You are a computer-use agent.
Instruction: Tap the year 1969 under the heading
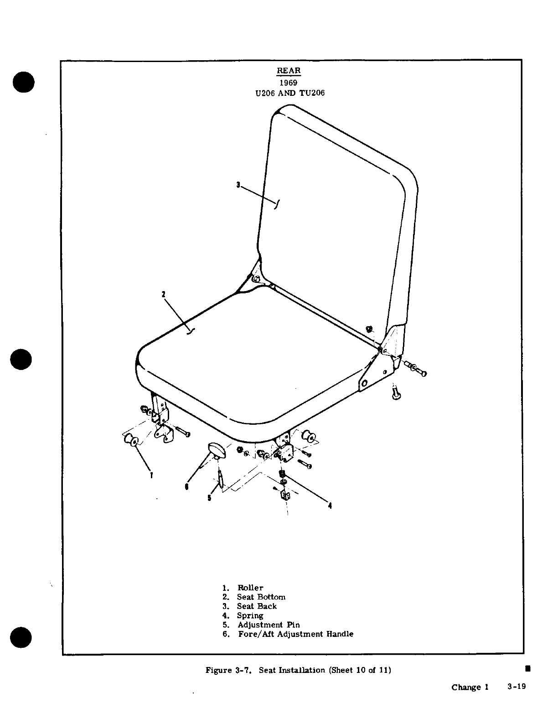pos(289,83)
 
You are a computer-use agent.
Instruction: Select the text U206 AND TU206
pos(289,93)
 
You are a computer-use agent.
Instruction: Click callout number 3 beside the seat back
pos(238,184)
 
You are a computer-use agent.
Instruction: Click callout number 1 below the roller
pos(151,475)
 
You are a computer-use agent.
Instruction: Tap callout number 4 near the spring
pos(330,505)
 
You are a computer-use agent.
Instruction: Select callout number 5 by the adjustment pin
pos(209,498)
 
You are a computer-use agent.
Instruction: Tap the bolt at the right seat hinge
pos(417,370)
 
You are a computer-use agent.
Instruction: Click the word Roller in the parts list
pos(250,588)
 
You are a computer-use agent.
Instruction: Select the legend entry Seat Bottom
pos(261,597)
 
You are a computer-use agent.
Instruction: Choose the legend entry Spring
pos(250,615)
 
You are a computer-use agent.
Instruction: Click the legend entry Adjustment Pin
pos(269,625)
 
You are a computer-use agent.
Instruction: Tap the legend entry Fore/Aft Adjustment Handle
pos(295,634)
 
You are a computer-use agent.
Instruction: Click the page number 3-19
pos(517,687)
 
